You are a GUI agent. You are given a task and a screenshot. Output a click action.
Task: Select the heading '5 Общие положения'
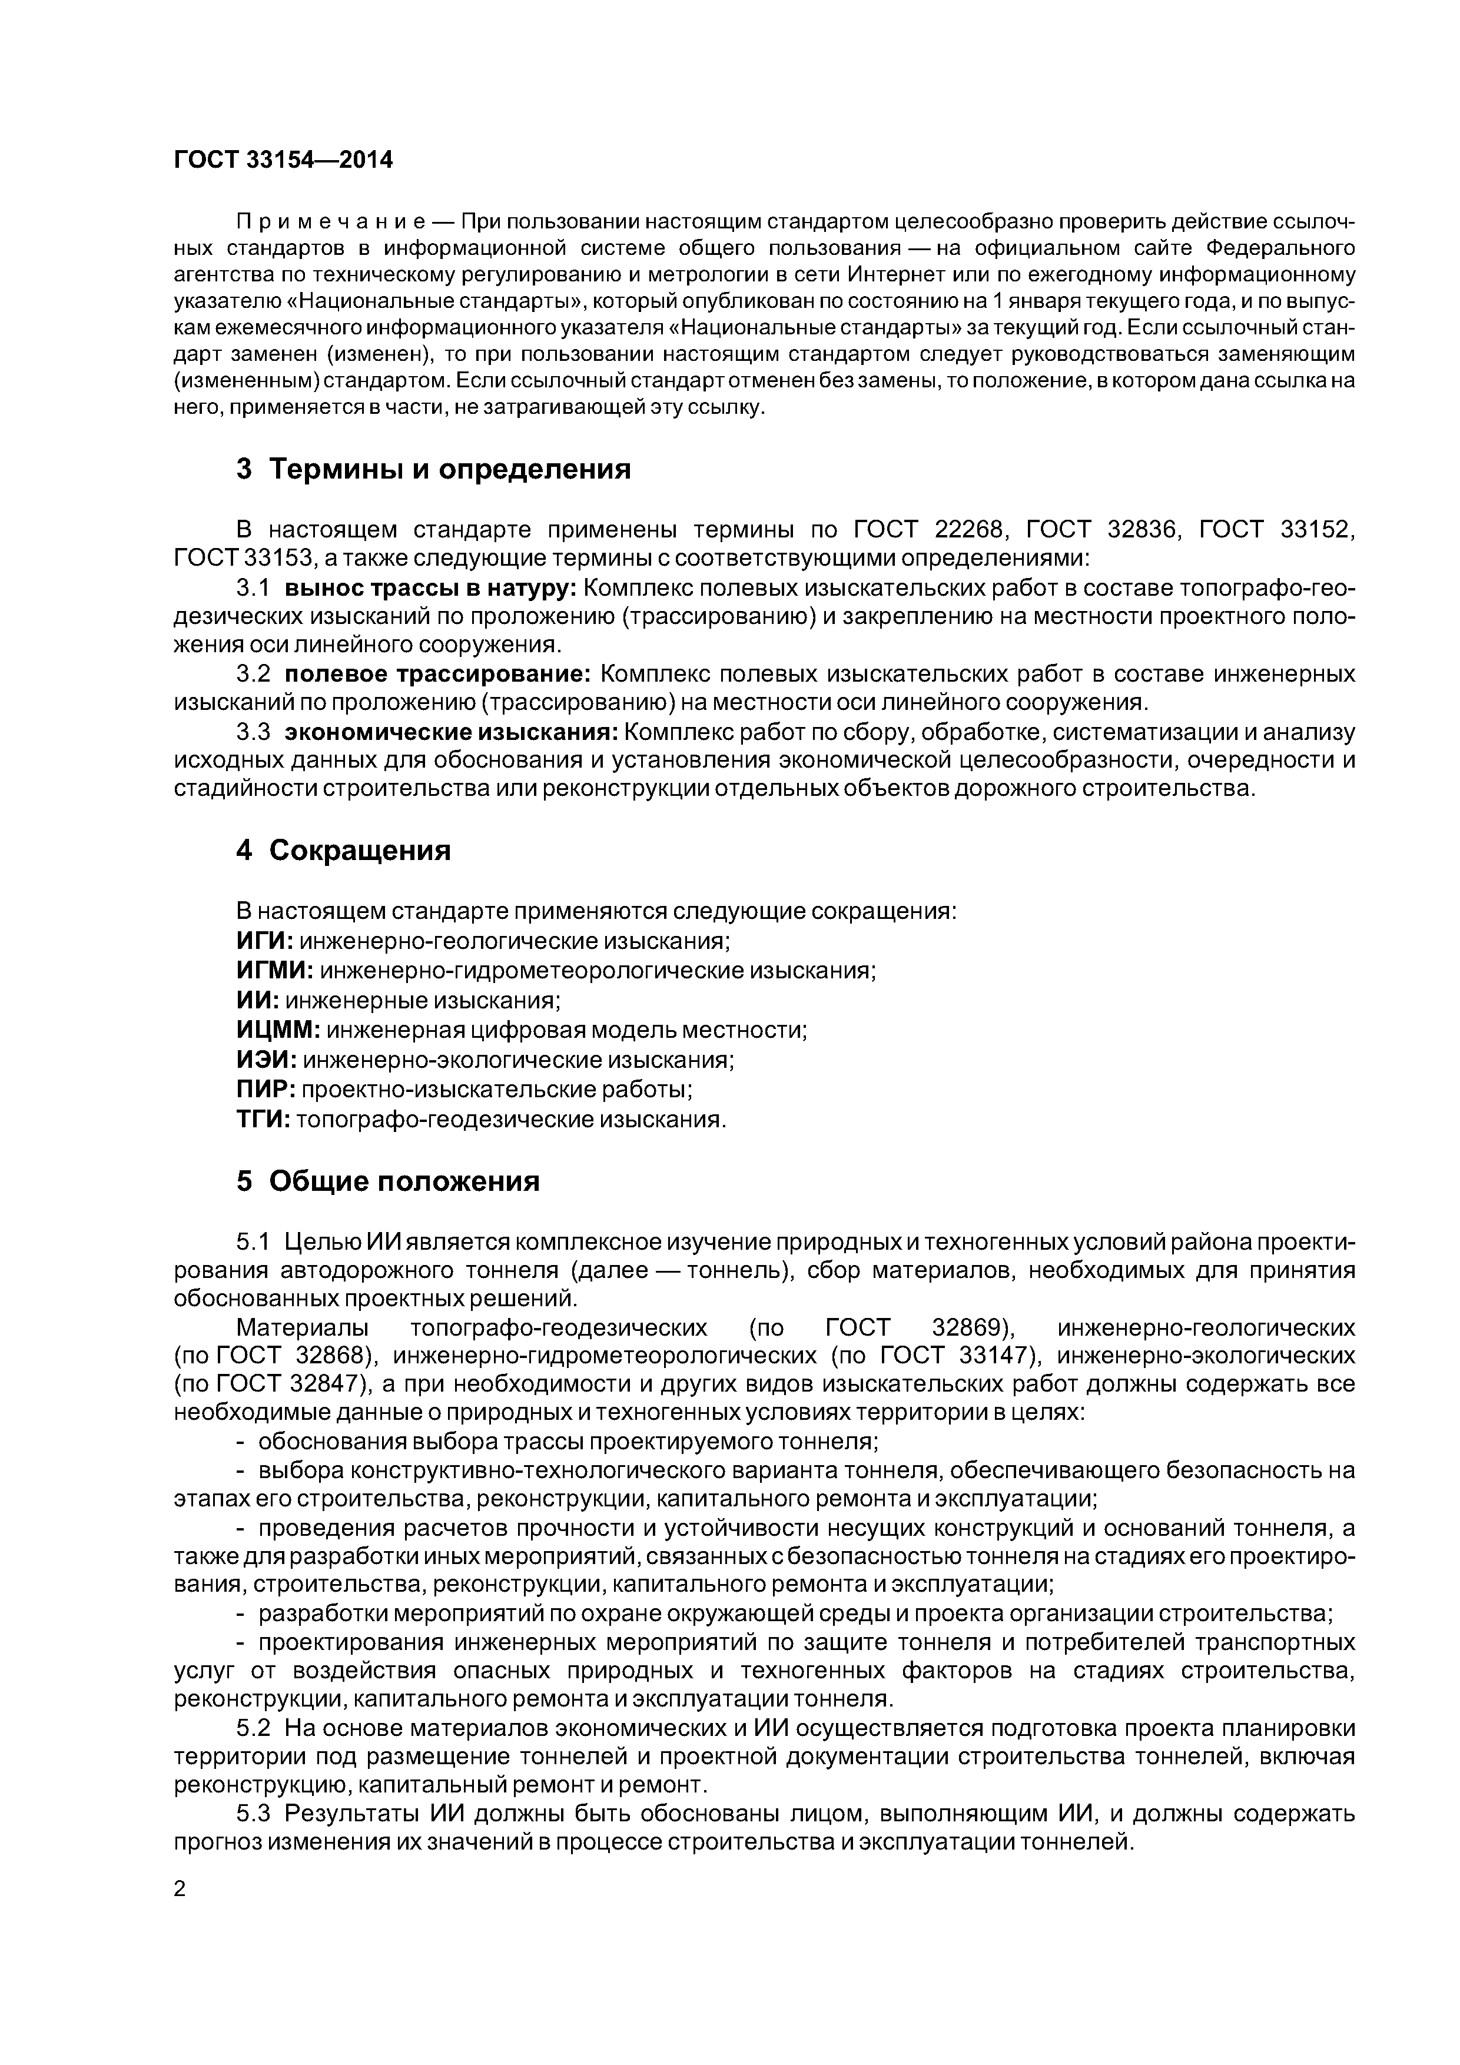pyautogui.click(x=388, y=1181)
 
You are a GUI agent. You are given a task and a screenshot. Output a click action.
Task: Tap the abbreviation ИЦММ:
pyautogui.click(x=278, y=1030)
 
